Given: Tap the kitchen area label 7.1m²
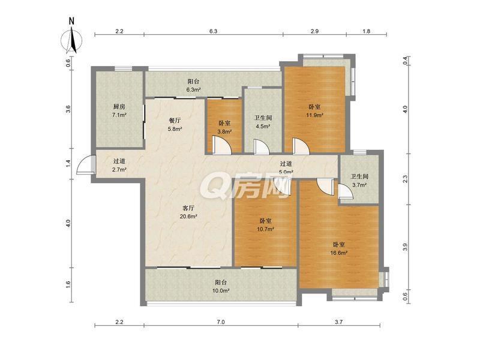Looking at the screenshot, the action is point(119,115).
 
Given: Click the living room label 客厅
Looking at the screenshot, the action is point(188,208).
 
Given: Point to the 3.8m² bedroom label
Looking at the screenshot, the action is point(224,131).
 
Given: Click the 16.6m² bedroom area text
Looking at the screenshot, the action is point(339,253).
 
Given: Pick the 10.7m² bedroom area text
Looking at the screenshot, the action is point(265,229).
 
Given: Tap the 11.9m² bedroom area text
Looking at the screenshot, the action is point(314,115).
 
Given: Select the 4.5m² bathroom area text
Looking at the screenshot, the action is point(263,126).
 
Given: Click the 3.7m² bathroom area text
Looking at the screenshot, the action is point(359,185).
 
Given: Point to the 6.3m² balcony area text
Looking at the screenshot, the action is point(193,90).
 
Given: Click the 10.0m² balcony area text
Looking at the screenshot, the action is point(221,290).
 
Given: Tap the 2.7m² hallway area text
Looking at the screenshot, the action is point(119,169).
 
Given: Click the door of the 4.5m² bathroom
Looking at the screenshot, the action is point(262,146).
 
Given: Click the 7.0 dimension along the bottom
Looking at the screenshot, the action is point(221,322).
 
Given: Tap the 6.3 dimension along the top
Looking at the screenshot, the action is point(214,31).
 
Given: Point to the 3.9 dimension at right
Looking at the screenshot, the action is point(405,247).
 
